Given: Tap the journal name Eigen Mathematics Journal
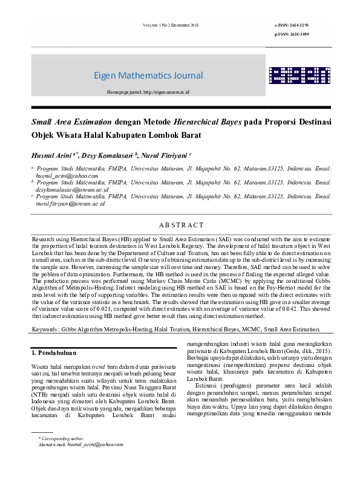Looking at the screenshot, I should point(148,76).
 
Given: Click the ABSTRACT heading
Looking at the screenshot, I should point(180,225).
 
